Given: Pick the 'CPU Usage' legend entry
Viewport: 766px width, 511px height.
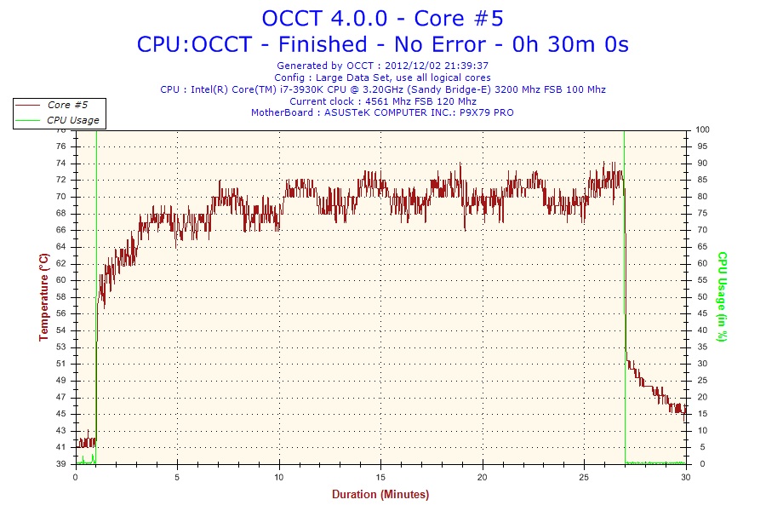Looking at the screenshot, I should point(72,120).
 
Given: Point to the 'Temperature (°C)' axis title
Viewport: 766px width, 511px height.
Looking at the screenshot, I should point(43,296).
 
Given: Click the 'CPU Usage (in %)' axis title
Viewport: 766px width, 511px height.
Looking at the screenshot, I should point(722,296).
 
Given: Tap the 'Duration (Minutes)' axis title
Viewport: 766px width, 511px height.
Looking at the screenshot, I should point(380,494).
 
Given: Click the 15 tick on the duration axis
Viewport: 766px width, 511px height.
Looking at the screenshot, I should point(381,477).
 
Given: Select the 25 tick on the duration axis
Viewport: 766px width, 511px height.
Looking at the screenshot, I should point(585,477).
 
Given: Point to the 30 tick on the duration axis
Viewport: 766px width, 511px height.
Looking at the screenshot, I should point(686,477).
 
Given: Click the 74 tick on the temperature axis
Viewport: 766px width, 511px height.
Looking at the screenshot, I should point(61,163).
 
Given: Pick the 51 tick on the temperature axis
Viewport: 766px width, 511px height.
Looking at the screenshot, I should point(61,364).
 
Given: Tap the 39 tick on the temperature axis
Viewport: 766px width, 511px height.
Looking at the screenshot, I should point(61,464).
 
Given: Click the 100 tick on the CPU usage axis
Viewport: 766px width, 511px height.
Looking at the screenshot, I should point(703,129).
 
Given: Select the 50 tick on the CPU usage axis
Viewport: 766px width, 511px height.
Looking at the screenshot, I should point(701,296).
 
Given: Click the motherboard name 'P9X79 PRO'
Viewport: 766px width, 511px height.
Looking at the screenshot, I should point(488,112).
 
